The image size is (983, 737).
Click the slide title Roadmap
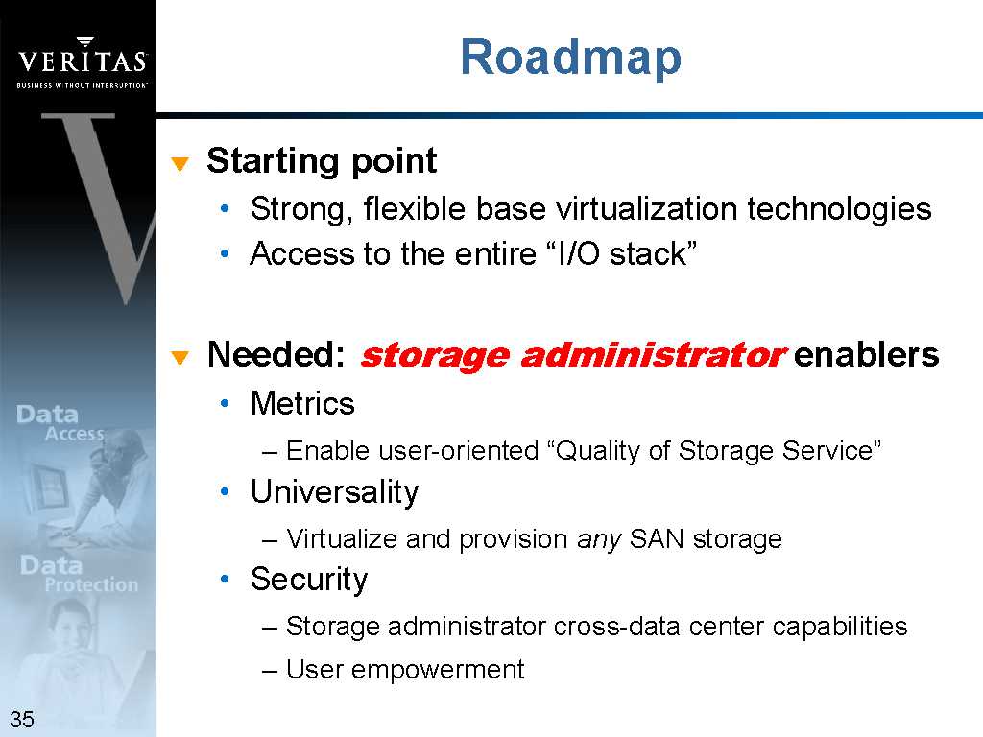pyautogui.click(x=570, y=58)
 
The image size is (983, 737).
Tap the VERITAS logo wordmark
pyautogui.click(x=83, y=60)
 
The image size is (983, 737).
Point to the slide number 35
pyautogui.click(x=22, y=719)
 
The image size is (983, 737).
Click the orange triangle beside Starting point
pyautogui.click(x=180, y=164)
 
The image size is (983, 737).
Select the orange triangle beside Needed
pyautogui.click(x=180, y=358)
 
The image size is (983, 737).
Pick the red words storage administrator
pyautogui.click(x=573, y=356)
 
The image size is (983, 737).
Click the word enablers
pyautogui.click(x=867, y=354)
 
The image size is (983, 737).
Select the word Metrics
pyautogui.click(x=302, y=403)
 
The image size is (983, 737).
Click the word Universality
pyautogui.click(x=335, y=492)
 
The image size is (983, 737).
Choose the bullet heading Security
pyautogui.click(x=309, y=580)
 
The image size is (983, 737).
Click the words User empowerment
pyautogui.click(x=405, y=670)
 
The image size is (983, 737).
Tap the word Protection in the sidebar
pyautogui.click(x=91, y=584)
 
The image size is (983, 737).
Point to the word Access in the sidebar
pyautogui.click(x=74, y=434)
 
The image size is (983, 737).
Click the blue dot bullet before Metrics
pyautogui.click(x=225, y=404)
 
